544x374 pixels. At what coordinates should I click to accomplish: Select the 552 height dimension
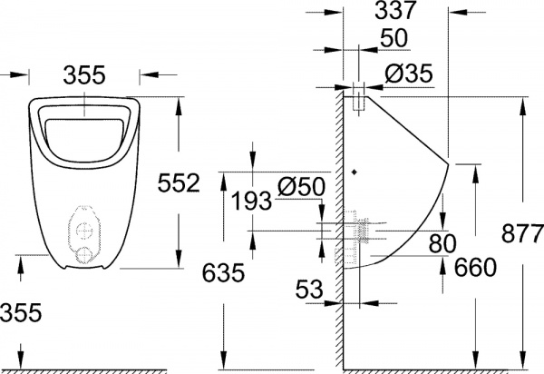coord(179,183)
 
